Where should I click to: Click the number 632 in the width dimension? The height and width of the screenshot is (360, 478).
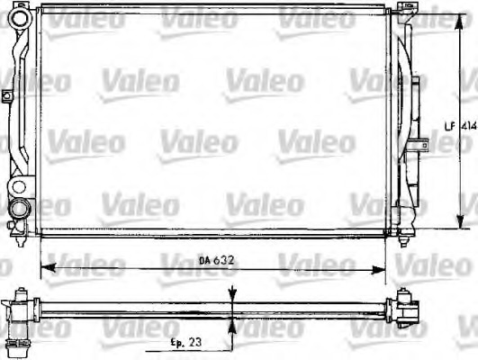click(221, 261)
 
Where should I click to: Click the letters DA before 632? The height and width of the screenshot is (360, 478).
click(204, 261)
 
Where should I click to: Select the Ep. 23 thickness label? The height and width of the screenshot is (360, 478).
click(185, 343)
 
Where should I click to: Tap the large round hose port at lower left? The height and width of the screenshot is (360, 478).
click(19, 210)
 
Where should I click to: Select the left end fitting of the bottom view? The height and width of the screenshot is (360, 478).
click(21, 310)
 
